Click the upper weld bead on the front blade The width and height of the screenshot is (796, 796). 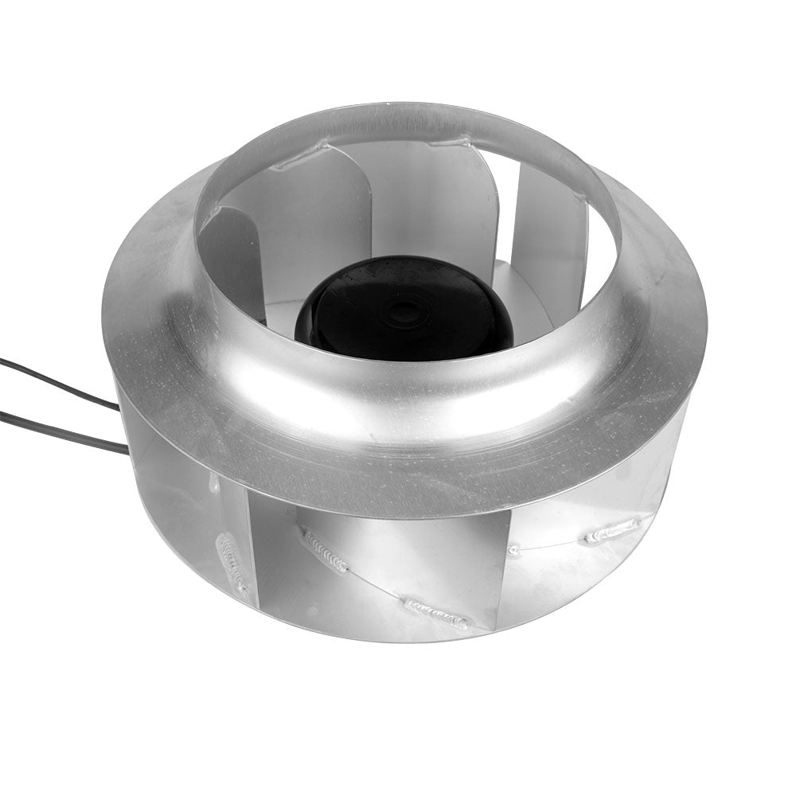[324, 549]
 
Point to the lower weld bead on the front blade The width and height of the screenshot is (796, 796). [437, 614]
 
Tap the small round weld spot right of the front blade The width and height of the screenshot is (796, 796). [513, 549]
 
